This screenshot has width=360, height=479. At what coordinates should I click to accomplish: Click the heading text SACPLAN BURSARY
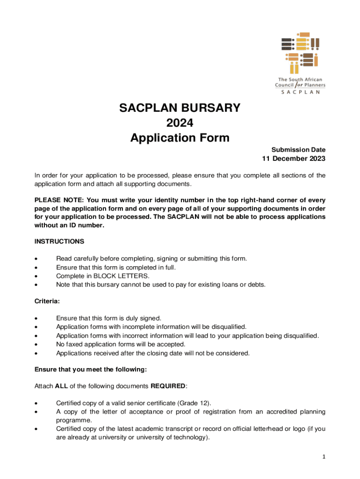pyautogui.click(x=180, y=108)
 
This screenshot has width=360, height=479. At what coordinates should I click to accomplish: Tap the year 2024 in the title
pyautogui.click(x=180, y=123)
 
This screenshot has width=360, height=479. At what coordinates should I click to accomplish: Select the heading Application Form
pyautogui.click(x=180, y=138)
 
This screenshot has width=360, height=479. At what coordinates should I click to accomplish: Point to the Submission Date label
pyautogui.click(x=298, y=150)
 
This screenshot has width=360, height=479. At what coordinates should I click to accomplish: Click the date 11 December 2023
pyautogui.click(x=293, y=159)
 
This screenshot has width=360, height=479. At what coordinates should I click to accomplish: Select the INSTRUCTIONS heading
pyautogui.click(x=59, y=241)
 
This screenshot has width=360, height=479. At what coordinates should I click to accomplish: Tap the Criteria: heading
pyautogui.click(x=46, y=302)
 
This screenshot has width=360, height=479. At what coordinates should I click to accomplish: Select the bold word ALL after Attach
pyautogui.click(x=62, y=386)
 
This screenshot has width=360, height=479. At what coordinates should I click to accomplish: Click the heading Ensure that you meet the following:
pyautogui.click(x=91, y=370)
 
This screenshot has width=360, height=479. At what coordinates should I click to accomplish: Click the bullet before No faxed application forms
pyautogui.click(x=36, y=345)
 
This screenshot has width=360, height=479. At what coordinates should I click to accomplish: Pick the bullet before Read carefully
pyautogui.click(x=36, y=259)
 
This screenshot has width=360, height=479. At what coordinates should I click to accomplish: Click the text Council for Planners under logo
pyautogui.click(x=300, y=85)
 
